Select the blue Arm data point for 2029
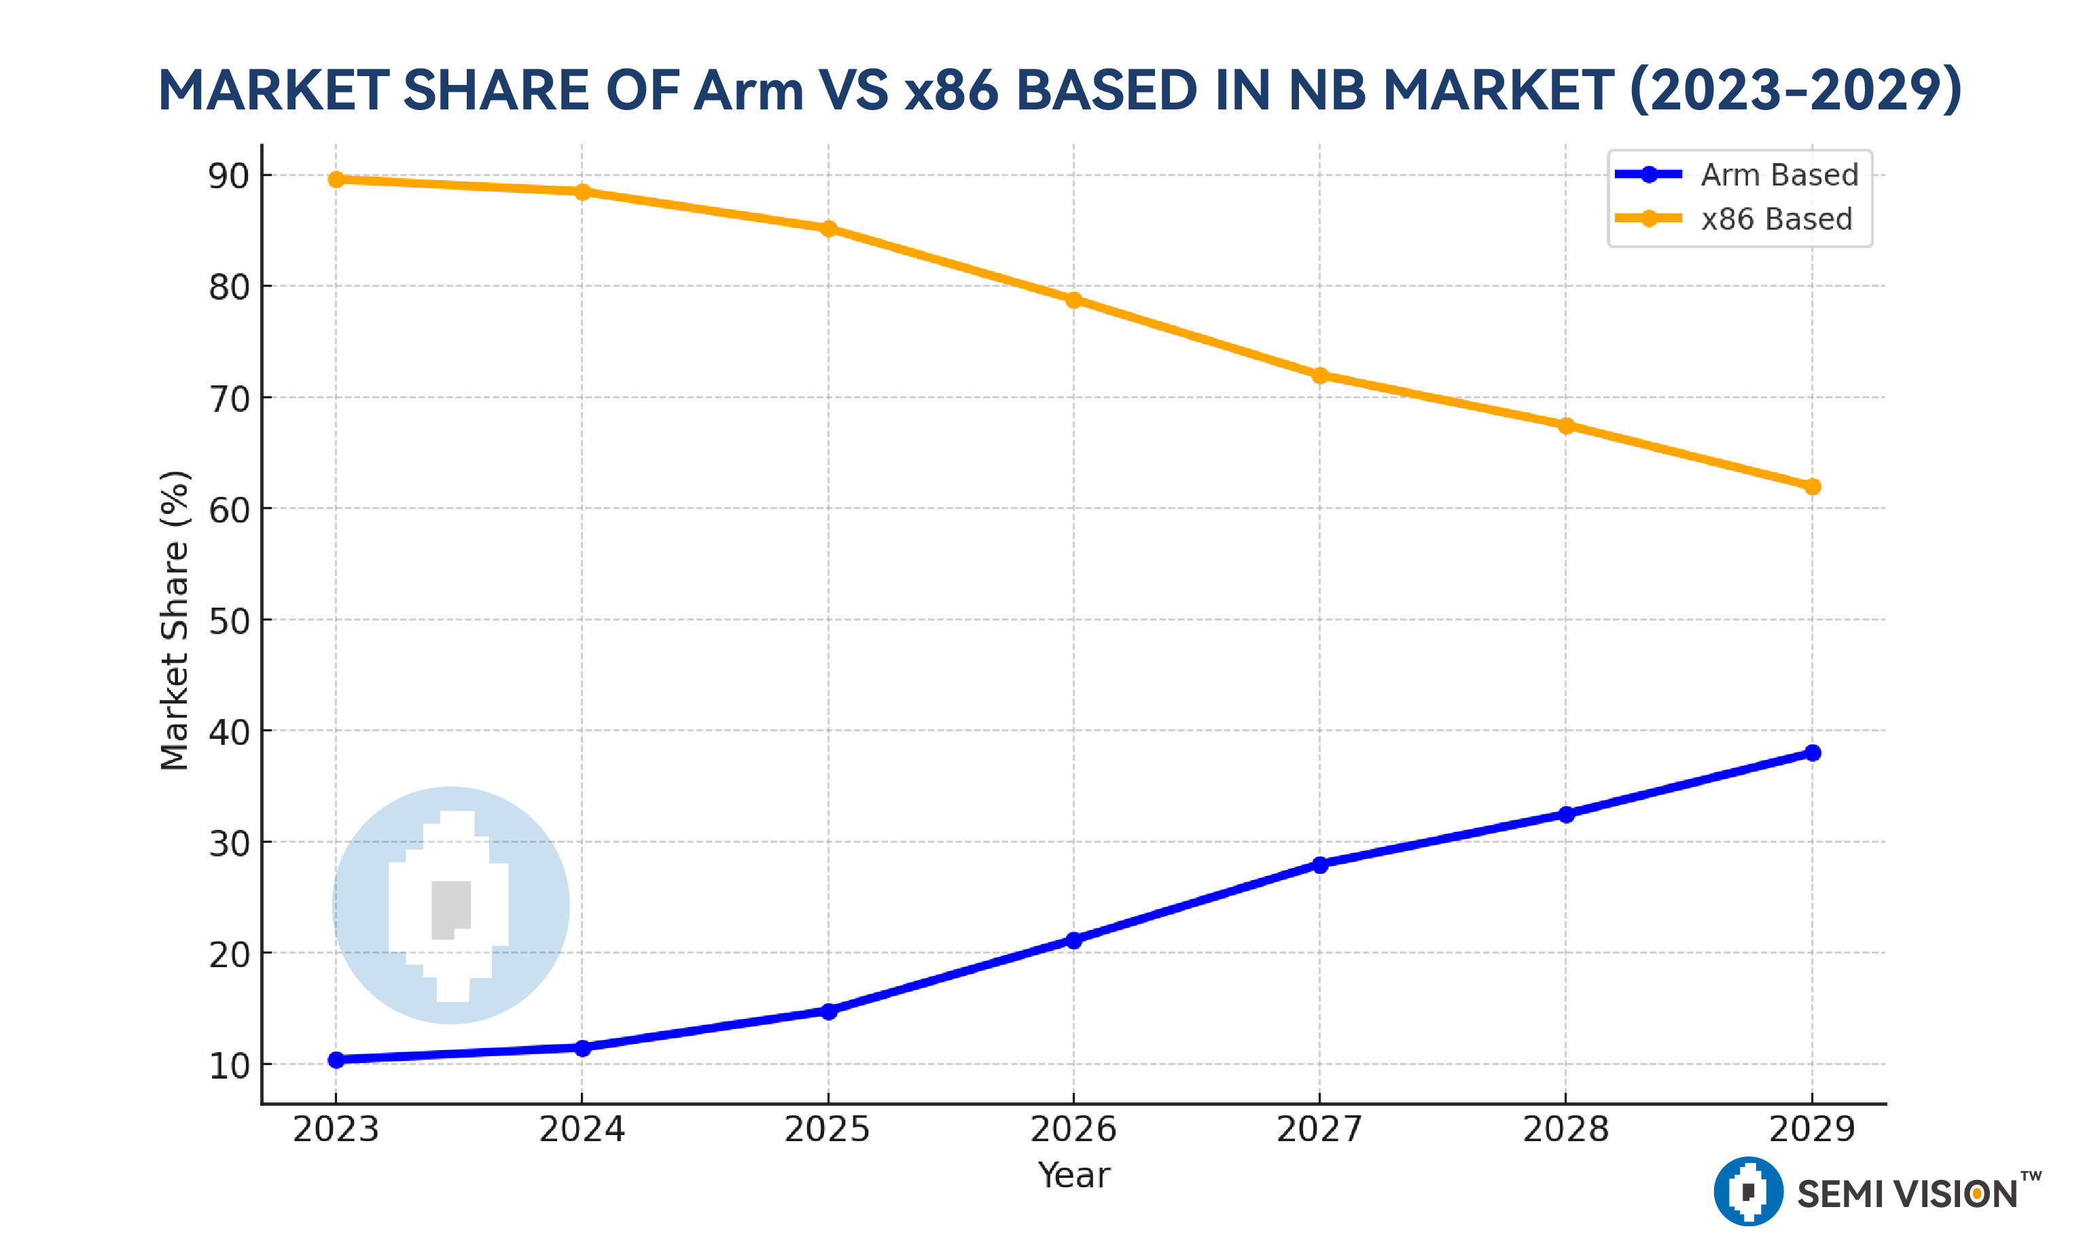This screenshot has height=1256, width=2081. click(1811, 752)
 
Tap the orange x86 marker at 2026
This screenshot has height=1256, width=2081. click(1073, 300)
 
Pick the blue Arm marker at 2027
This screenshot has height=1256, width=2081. click(1320, 864)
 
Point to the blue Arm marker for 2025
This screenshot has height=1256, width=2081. click(828, 1011)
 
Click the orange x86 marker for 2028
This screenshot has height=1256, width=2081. click(1566, 425)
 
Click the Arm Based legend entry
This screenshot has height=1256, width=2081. click(1779, 175)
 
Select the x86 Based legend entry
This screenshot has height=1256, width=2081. click(1775, 219)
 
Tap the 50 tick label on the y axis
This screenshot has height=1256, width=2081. click(229, 621)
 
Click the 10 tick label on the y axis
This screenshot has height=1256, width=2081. click(229, 1066)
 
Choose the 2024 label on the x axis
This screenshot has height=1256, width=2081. click(582, 1130)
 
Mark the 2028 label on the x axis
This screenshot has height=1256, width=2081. click(1566, 1130)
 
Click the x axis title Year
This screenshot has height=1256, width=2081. click(1073, 1175)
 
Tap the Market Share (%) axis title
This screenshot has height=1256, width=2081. click(174, 621)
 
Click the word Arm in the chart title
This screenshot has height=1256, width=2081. click(747, 90)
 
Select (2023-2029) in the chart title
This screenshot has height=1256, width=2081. click(1795, 90)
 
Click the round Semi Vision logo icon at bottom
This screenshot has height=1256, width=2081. click(1747, 1191)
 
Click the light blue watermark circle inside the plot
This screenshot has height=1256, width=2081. click(451, 905)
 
